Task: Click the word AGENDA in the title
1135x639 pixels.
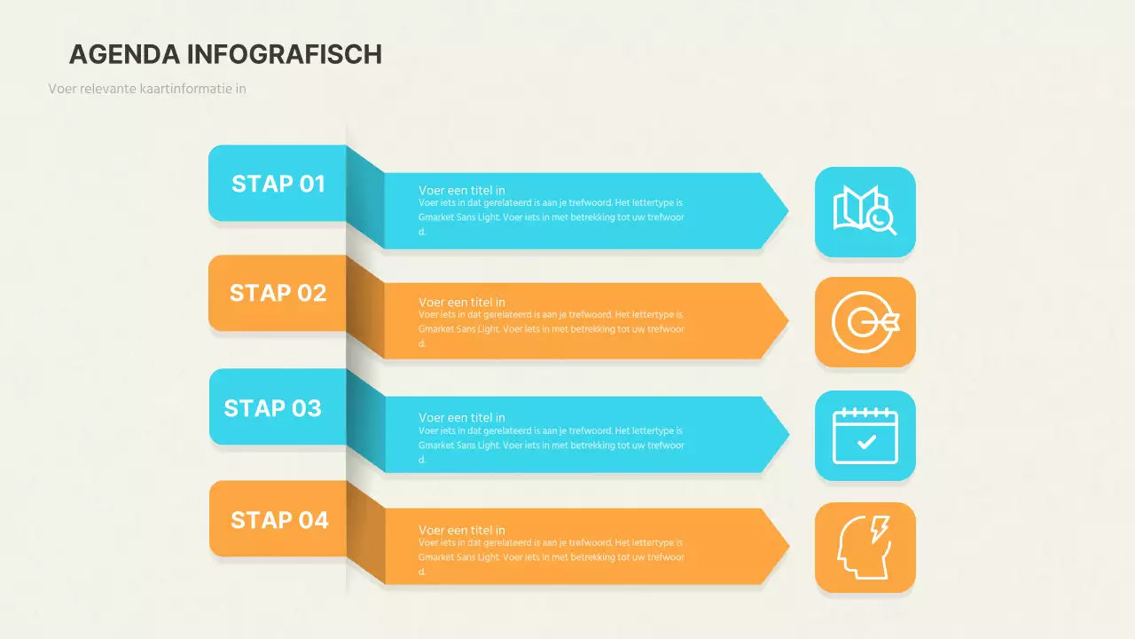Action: point(124,54)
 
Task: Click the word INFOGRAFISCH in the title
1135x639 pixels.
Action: point(285,54)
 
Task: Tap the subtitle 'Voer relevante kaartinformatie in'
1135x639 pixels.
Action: point(147,89)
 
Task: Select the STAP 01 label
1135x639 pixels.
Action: point(278,184)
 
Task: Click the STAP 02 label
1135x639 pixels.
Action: point(278,293)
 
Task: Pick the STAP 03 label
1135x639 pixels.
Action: point(272,408)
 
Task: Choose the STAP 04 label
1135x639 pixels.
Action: point(279,520)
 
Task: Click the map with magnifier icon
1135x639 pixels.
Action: point(865,210)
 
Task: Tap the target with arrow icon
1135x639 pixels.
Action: point(865,322)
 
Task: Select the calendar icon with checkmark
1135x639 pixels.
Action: point(865,436)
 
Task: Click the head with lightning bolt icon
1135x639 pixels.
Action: point(864,548)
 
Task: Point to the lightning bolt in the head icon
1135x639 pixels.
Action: point(880,529)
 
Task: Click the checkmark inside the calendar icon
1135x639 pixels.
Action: point(866,442)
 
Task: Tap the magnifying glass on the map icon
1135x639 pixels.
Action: point(881,222)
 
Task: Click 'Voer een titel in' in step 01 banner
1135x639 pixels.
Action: point(462,190)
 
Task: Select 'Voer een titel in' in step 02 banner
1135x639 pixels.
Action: point(462,303)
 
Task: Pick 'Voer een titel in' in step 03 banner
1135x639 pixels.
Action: point(462,417)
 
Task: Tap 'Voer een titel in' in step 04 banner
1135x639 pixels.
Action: point(462,530)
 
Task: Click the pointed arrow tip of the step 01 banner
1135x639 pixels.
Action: point(788,210)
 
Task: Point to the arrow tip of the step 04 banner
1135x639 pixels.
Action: point(788,546)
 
